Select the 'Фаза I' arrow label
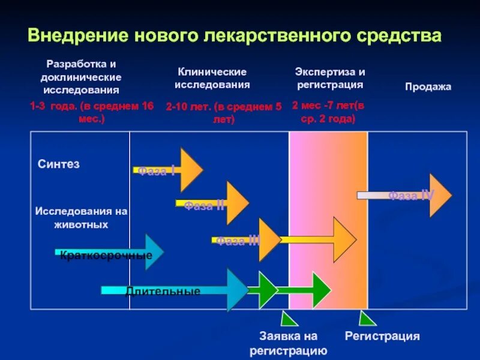[x=157, y=171]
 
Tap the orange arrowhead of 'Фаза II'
[x=237, y=202]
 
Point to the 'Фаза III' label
[x=238, y=241]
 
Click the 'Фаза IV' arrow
[x=411, y=195]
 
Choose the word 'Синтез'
[x=59, y=164]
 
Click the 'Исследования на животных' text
[x=82, y=218]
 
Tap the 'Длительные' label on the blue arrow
[x=163, y=292]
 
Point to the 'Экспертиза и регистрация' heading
[x=329, y=78]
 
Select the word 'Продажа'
[x=428, y=87]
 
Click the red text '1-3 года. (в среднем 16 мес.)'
[x=92, y=112]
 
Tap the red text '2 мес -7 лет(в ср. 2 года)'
[x=328, y=112]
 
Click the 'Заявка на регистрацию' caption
[x=288, y=343]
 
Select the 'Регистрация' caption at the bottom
[x=382, y=336]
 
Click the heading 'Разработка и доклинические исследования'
[x=81, y=77]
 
